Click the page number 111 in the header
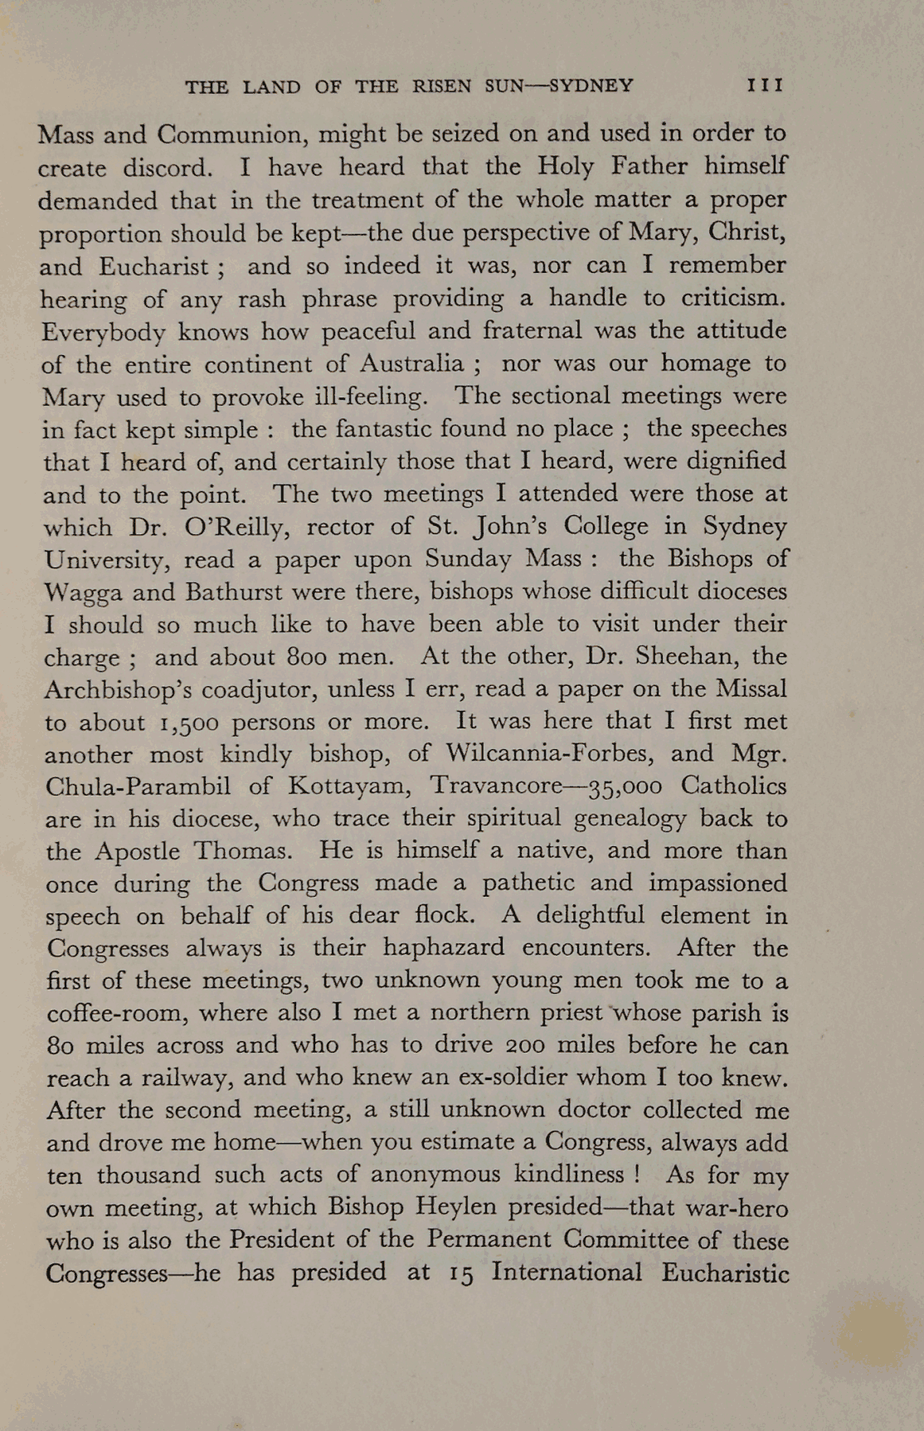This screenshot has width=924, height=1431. pos(765,85)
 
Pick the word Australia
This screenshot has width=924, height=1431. pos(412,364)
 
